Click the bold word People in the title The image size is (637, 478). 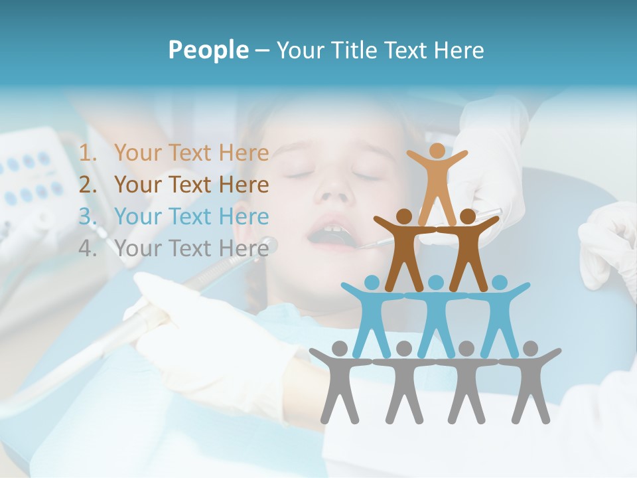coord(208,50)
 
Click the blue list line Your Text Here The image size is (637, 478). coord(191,217)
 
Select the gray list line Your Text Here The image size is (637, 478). coord(191,249)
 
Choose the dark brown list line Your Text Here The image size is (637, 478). coord(191,185)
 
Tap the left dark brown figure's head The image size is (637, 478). coord(404,216)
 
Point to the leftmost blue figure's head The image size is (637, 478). coord(372,282)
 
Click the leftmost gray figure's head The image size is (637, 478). coord(340,348)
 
